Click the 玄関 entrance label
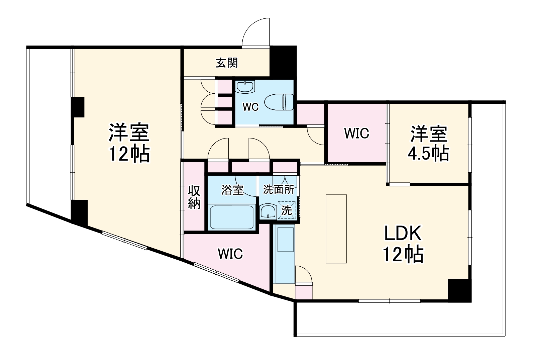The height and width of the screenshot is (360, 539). coord(227,63)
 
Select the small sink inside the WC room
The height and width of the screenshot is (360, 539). coord(245,87)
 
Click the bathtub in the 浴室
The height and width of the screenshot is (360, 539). coord(231,217)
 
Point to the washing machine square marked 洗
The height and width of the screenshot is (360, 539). coord(287,210)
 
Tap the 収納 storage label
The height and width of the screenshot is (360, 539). coord(194,197)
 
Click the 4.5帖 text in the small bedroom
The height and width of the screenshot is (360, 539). coord(428,153)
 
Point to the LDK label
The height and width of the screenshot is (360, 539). coord(403,234)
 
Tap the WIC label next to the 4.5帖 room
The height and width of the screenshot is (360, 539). coord(357,133)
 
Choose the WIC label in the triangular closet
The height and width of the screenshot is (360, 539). coord(230,254)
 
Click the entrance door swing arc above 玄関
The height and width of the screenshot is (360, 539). coord(256,32)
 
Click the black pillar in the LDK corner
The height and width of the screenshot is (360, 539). coord(459,290)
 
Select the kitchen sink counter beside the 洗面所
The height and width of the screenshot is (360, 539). coord(284,254)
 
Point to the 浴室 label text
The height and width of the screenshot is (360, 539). coord(232,190)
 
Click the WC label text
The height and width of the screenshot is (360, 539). coord(250,107)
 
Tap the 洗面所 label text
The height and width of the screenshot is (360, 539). coord(279,189)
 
